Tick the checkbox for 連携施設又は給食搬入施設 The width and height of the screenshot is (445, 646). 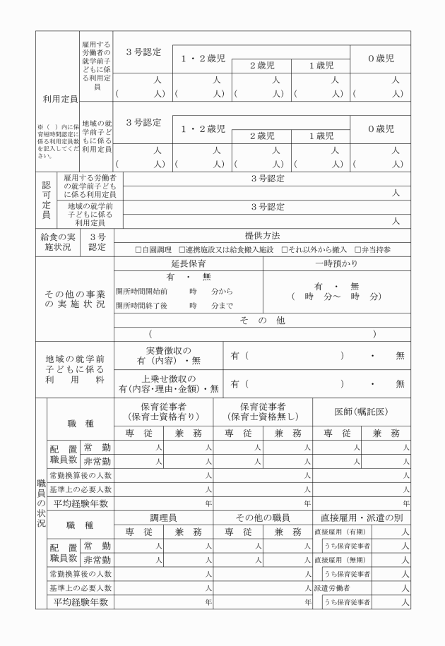[182, 250]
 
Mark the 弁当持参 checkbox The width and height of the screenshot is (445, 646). [356, 250]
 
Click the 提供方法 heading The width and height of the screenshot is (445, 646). [261, 236]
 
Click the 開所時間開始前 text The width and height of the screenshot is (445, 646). [141, 291]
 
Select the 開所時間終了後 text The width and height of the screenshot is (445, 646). [141, 306]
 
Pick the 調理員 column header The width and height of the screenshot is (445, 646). [163, 518]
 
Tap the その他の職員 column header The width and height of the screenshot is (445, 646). [262, 518]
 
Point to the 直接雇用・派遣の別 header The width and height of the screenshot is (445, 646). [361, 518]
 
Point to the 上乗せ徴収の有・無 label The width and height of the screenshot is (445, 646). [169, 383]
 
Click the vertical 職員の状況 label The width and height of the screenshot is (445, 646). [40, 503]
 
